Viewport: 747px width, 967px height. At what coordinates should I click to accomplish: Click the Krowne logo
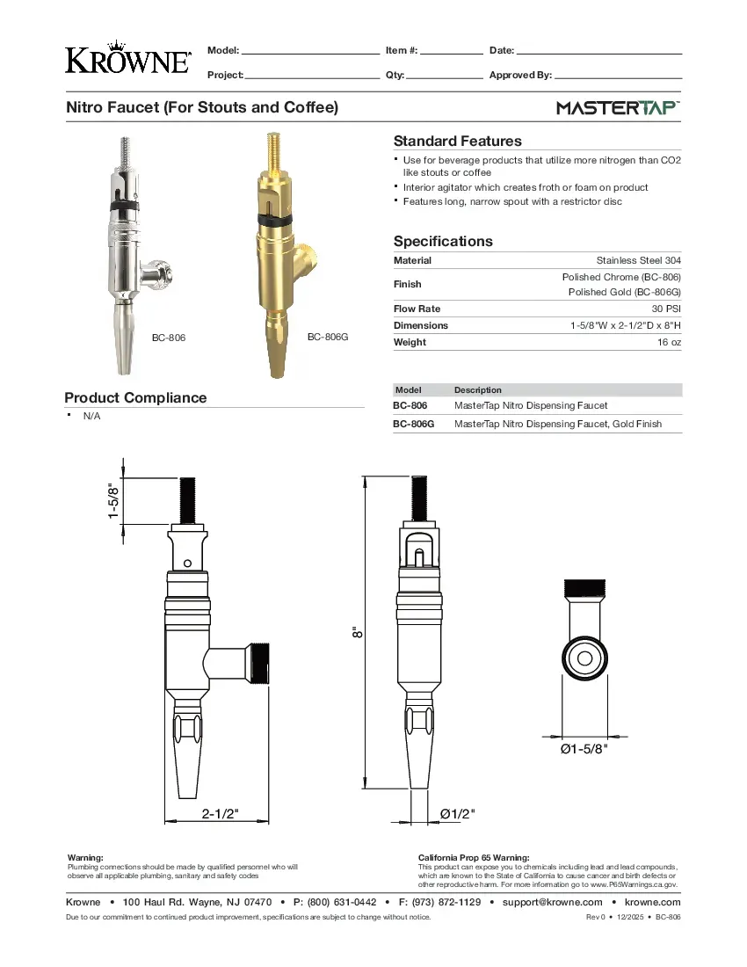pyautogui.click(x=128, y=57)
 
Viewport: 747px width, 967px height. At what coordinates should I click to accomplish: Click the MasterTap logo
pyautogui.click(x=618, y=108)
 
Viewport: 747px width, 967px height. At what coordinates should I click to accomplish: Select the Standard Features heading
pyautogui.click(x=457, y=141)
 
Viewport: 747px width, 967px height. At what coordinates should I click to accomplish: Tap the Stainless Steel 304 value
pyautogui.click(x=638, y=260)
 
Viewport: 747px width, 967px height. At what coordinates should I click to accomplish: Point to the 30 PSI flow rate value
pyautogui.click(x=665, y=309)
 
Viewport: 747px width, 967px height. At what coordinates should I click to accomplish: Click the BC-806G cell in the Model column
pyautogui.click(x=413, y=424)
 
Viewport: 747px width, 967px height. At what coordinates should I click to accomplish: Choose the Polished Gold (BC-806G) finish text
pyautogui.click(x=624, y=292)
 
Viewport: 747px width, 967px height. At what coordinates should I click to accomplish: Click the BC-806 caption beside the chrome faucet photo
pyautogui.click(x=169, y=338)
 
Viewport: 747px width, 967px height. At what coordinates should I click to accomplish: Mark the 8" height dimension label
pyautogui.click(x=356, y=631)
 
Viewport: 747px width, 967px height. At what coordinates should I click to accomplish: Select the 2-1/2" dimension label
pyautogui.click(x=221, y=813)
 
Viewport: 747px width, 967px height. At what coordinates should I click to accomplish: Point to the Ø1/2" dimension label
pyautogui.click(x=457, y=813)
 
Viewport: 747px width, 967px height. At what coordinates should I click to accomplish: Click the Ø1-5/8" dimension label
pyautogui.click(x=584, y=749)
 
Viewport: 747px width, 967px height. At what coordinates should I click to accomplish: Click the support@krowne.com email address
pyautogui.click(x=552, y=902)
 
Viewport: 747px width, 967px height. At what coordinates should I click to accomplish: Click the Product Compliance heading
pyautogui.click(x=135, y=397)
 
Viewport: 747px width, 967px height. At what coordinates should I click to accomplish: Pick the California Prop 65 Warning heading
pyautogui.click(x=474, y=857)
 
